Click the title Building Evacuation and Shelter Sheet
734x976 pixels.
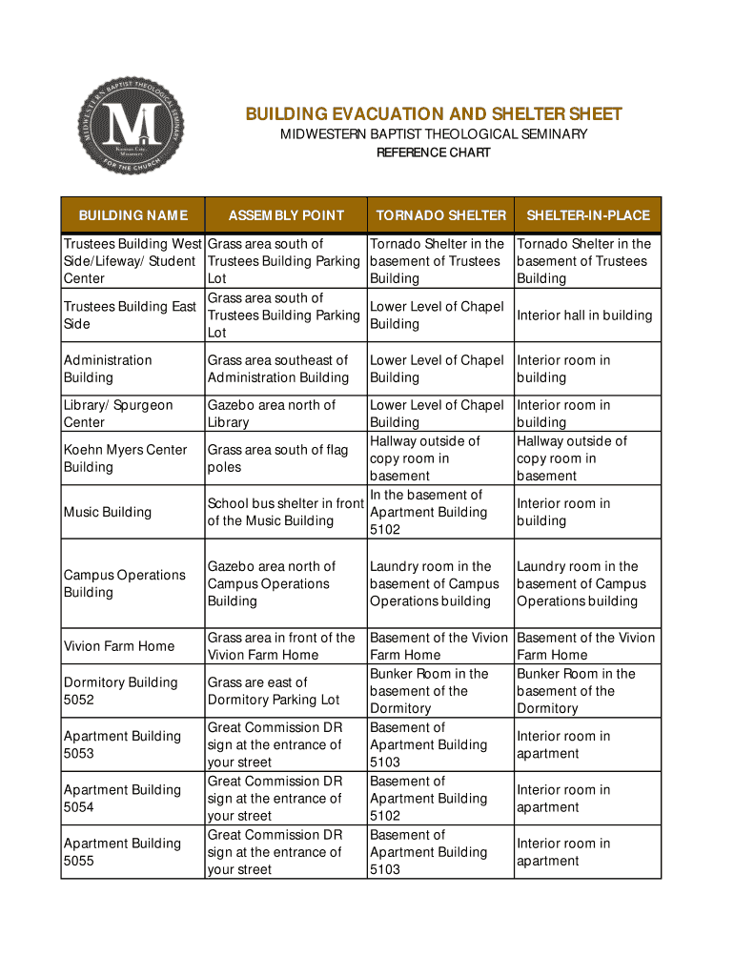(434, 114)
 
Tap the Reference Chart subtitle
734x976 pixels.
(434, 152)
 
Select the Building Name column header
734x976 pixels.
(133, 215)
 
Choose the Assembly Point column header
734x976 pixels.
(286, 215)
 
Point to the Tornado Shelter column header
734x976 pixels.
(440, 215)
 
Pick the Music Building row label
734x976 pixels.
(108, 512)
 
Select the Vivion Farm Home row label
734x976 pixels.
(119, 646)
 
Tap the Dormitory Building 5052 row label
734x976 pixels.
(120, 691)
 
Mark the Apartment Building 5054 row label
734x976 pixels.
(122, 799)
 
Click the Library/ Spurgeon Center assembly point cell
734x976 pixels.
(271, 414)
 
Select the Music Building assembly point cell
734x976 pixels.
(286, 512)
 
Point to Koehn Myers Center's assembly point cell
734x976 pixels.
(277, 458)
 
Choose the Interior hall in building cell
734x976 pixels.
(584, 315)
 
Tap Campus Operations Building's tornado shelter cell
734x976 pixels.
(434, 583)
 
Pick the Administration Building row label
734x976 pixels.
(108, 369)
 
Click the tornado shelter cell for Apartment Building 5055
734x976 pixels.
(428, 852)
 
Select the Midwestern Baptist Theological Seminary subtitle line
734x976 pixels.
(434, 134)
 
